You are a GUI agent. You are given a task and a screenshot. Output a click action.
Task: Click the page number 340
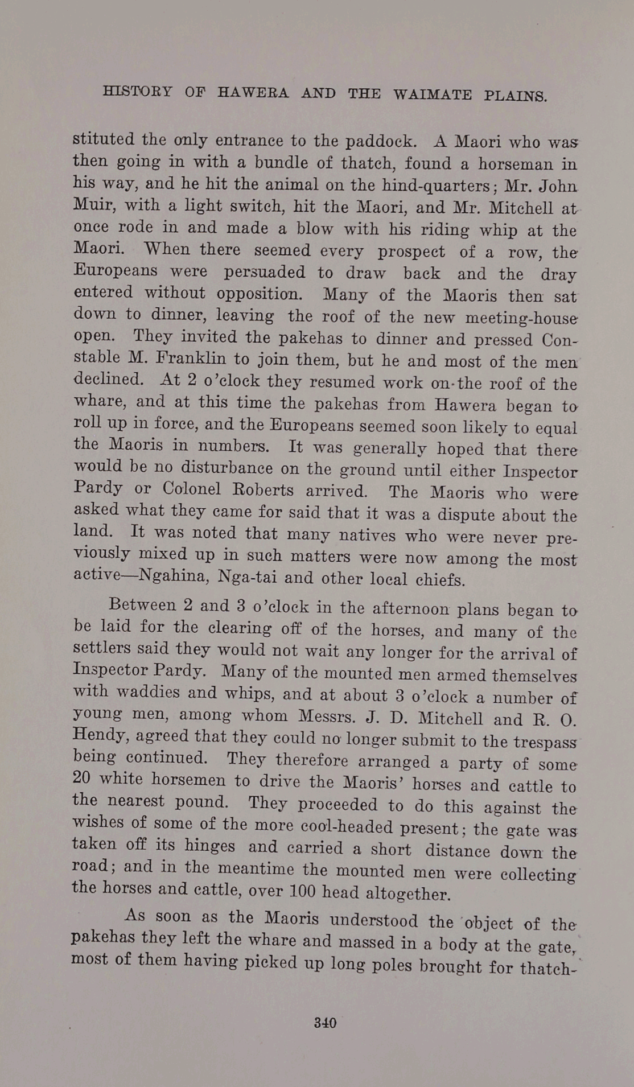(x=325, y=1023)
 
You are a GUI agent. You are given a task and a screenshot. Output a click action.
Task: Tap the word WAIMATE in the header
(x=432, y=94)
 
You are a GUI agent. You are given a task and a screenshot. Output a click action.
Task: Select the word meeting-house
(x=521, y=318)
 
